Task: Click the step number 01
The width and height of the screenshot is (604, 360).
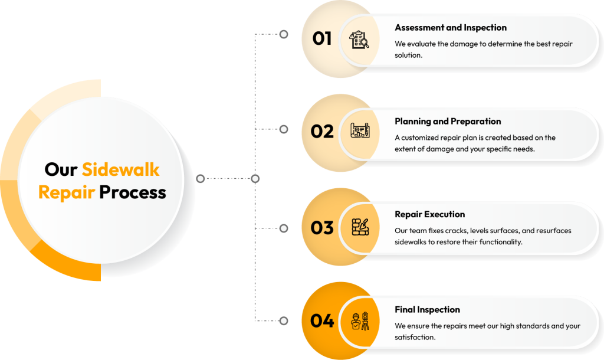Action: click(322, 38)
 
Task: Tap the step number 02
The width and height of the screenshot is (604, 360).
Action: click(322, 132)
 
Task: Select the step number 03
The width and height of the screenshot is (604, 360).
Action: click(322, 228)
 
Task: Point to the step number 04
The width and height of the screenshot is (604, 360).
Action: click(322, 320)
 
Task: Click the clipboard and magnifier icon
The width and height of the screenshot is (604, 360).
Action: click(359, 40)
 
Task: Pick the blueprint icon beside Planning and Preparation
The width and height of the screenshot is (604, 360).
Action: click(360, 130)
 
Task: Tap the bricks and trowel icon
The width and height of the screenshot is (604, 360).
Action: click(360, 227)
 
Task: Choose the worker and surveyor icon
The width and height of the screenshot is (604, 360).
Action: click(360, 321)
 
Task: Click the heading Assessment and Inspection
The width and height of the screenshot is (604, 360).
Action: click(451, 28)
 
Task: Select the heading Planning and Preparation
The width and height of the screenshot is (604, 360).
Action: click(448, 122)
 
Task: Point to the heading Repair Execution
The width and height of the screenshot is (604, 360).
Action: click(430, 214)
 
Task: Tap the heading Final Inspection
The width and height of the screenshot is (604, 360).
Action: click(427, 309)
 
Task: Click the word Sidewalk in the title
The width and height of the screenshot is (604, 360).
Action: click(120, 169)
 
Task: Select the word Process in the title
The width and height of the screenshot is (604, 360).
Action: click(133, 192)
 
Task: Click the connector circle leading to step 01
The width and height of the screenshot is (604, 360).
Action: click(284, 34)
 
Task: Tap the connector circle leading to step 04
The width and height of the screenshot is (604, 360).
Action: click(284, 320)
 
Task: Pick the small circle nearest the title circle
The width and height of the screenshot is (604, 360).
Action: click(201, 178)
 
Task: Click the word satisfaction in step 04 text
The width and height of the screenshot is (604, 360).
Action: click(415, 337)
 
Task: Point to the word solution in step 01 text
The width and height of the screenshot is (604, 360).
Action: click(408, 55)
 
